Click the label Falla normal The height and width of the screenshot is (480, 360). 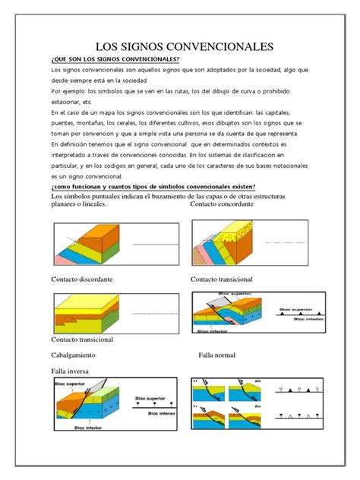coord(216,355)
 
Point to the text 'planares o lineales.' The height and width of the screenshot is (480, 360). coord(78,204)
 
